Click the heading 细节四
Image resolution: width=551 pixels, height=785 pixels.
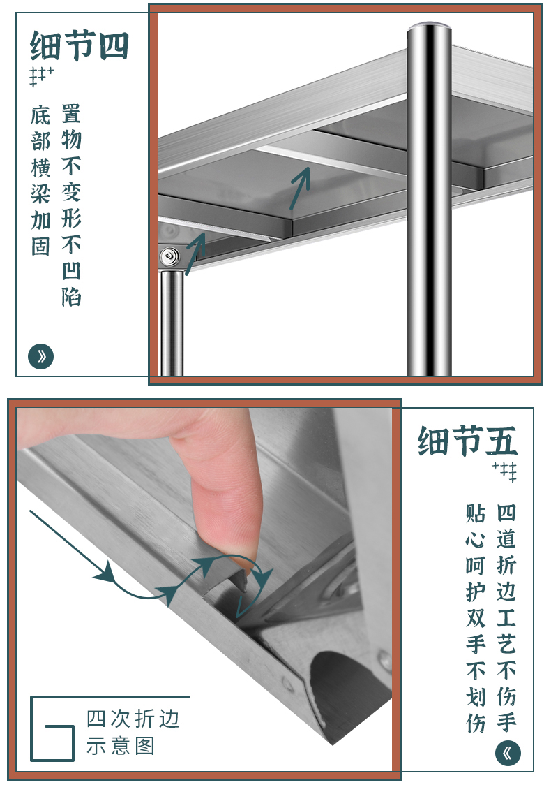(80, 45)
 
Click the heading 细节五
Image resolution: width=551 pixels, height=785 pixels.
(467, 441)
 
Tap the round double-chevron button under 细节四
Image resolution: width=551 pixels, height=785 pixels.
(40, 356)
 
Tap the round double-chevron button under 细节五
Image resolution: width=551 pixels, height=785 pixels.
(508, 754)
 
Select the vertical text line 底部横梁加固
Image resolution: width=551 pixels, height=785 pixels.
(40, 181)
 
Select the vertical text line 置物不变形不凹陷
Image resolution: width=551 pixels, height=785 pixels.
(72, 205)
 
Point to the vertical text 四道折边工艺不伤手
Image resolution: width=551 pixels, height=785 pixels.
(506, 618)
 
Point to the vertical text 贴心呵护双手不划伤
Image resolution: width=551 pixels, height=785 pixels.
(476, 618)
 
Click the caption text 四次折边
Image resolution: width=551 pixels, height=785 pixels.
(133, 719)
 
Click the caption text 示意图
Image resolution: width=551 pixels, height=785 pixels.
(121, 745)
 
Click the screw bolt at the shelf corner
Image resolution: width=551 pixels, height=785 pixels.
(170, 257)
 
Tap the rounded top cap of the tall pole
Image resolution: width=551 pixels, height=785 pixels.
(429, 27)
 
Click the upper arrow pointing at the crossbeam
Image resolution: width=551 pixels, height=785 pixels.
(300, 188)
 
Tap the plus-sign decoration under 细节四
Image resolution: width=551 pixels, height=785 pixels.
(42, 76)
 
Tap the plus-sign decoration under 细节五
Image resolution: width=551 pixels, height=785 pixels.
(504, 471)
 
